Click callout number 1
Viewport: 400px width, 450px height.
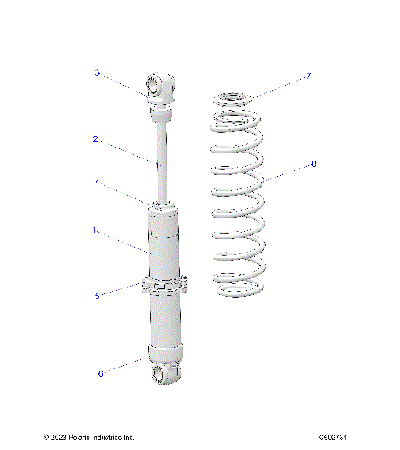click(95, 228)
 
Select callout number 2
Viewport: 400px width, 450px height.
click(96, 139)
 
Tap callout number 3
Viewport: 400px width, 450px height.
click(97, 73)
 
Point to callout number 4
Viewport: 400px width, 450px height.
click(97, 182)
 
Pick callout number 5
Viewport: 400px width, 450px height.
click(97, 295)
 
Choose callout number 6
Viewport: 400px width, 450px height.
click(100, 373)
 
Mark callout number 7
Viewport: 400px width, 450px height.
click(308, 76)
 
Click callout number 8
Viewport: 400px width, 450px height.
click(314, 164)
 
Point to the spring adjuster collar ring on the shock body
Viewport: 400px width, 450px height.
click(164, 284)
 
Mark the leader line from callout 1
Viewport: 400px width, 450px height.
click(125, 242)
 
